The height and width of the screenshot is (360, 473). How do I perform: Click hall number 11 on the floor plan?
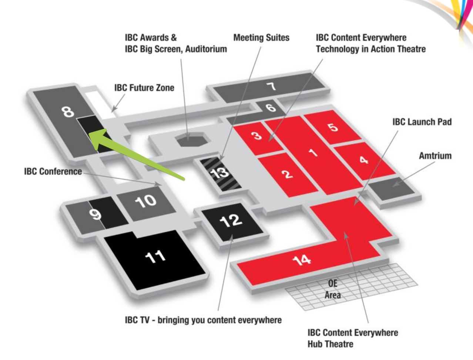(155, 256)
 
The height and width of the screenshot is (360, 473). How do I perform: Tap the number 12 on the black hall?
(231, 220)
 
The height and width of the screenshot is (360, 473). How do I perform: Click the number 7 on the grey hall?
(272, 86)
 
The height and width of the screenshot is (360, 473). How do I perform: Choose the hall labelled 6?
(271, 107)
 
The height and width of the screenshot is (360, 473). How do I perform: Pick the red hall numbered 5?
(333, 127)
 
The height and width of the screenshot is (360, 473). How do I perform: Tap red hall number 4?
(364, 160)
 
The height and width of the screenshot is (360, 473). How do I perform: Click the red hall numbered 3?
(257, 136)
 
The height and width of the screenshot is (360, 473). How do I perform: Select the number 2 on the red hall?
(287, 174)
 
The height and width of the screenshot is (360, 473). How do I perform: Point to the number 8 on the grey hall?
(68, 111)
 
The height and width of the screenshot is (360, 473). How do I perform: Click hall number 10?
(145, 201)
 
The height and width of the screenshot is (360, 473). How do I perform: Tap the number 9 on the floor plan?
(95, 214)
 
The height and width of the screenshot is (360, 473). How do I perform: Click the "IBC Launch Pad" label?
(422, 122)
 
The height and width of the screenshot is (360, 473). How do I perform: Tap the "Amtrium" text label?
(435, 156)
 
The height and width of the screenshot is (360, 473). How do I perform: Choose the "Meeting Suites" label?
(261, 38)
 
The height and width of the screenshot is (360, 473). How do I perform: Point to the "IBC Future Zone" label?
(144, 88)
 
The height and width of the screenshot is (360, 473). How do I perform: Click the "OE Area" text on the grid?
(332, 289)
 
